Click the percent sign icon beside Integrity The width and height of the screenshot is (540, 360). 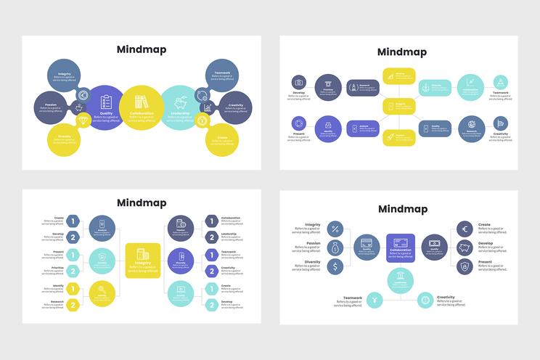coord(335,229)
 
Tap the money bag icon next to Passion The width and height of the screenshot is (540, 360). coord(335,248)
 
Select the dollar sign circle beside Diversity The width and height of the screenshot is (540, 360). coord(335,267)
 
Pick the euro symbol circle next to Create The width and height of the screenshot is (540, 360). coord(465,229)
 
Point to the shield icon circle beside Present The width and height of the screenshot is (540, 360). coord(465,266)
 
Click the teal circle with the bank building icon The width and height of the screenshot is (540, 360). coord(400,279)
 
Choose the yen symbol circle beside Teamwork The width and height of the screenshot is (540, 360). coord(375,298)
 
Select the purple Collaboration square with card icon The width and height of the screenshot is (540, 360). coord(400,245)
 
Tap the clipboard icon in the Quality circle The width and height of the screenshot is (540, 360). coord(106,102)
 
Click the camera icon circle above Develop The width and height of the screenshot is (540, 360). coord(299,82)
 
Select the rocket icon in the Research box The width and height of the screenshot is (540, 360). coord(353,87)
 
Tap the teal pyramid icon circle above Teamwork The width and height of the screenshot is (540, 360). coord(500,82)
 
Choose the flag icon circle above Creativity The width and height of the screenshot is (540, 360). coord(500,123)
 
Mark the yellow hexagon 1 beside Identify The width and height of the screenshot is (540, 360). coord(73,288)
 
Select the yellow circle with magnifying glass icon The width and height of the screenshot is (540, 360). coord(102,292)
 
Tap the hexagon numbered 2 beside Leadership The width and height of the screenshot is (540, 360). coord(210,237)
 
